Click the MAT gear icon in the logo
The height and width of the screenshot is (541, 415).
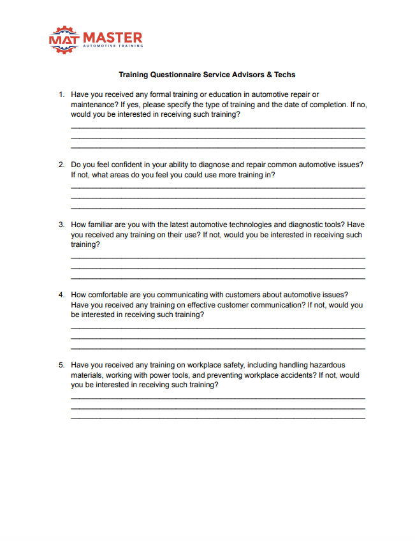[x=64, y=40]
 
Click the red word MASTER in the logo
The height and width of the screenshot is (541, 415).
[x=112, y=38]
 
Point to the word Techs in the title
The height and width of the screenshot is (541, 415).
[x=285, y=75]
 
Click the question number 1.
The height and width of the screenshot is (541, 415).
[x=61, y=94]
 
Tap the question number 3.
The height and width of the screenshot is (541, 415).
[x=61, y=225]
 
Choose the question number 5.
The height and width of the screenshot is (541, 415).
[x=61, y=365]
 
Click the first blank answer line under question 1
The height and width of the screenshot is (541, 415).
[x=217, y=128]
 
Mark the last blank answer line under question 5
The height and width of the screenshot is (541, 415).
[x=217, y=418]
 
